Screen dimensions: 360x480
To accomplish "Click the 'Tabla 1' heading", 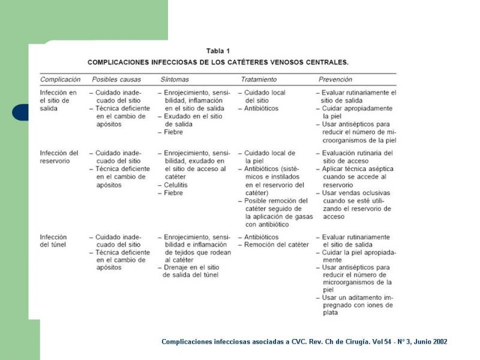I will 218,51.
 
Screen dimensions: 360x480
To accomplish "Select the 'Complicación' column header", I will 60,79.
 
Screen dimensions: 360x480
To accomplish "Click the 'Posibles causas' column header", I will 117,79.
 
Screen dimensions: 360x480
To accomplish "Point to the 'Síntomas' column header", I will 175,79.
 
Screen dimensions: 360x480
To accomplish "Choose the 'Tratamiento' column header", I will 259,79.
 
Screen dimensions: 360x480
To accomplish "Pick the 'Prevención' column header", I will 335,79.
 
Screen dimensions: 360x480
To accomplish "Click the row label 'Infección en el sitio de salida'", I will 58,101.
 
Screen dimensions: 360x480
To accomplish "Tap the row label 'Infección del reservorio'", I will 59,157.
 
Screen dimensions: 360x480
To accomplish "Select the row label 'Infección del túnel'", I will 53,241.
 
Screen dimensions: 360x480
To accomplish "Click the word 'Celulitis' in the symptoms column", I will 176,185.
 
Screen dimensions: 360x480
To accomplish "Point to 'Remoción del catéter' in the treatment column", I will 277,245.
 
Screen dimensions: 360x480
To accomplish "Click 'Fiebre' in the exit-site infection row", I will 174,132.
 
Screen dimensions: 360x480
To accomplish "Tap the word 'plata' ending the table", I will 330,313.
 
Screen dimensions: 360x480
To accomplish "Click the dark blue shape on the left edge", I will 20,112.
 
